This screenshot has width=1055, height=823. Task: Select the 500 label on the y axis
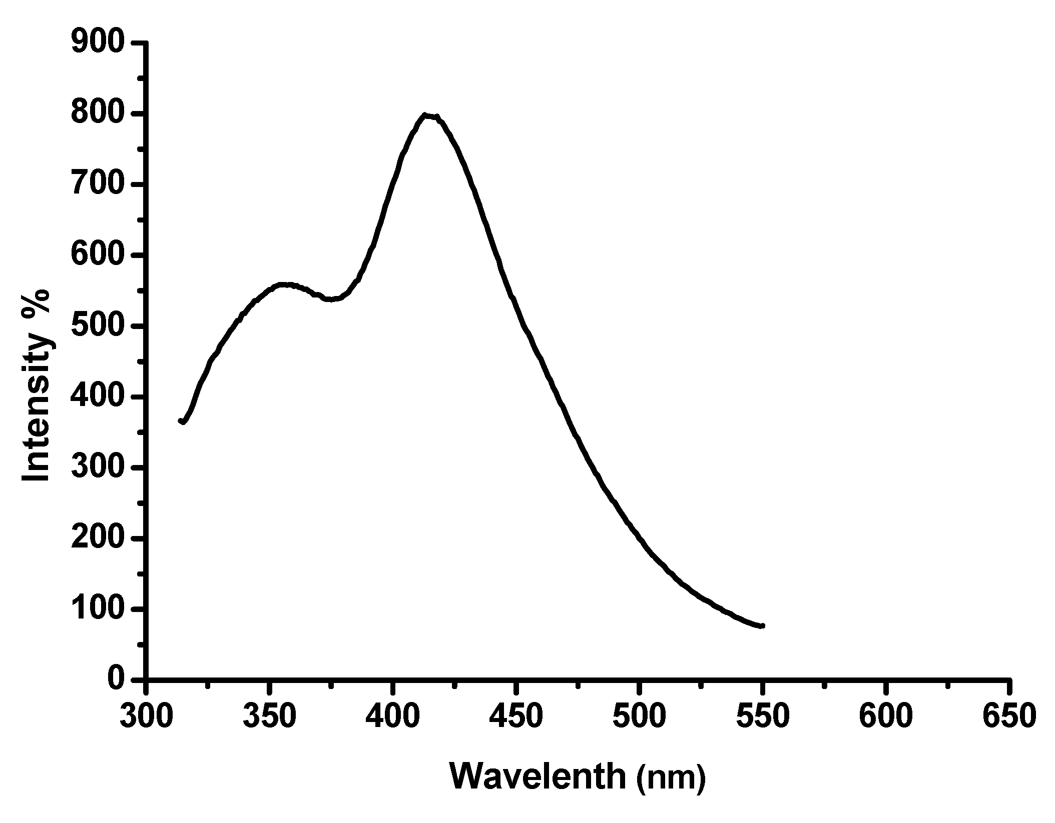[98, 326]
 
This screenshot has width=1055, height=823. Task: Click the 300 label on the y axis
[98, 468]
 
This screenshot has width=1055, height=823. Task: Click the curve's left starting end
[181, 421]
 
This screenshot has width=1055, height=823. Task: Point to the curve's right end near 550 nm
[762, 625]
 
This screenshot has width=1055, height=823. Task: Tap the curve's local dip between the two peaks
[330, 299]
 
